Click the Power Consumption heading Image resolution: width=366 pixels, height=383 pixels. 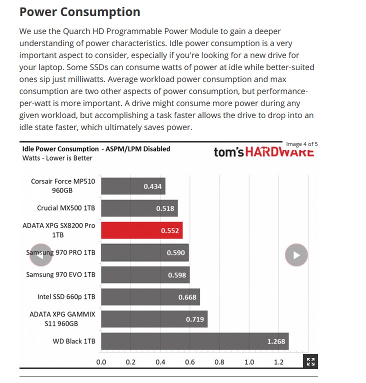click(79, 12)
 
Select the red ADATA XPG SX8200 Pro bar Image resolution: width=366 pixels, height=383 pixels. click(141, 230)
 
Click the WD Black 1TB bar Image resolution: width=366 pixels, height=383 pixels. click(194, 342)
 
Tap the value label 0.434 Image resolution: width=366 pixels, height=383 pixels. click(152, 186)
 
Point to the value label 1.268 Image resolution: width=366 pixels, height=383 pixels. click(276, 342)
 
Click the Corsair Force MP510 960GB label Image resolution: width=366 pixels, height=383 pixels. click(62, 186)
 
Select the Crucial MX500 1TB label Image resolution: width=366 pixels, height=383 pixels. click(66, 208)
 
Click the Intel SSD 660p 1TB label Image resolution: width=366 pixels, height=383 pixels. click(66, 297)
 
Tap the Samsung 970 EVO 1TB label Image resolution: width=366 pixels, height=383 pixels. click(60, 275)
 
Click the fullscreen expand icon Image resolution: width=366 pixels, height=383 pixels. click(310, 362)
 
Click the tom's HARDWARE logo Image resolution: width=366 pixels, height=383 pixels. click(263, 151)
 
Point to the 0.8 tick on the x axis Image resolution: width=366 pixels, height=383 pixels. click(219, 362)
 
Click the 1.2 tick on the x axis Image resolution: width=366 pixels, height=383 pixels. click(278, 362)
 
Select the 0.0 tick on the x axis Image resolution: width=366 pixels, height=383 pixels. click(101, 362)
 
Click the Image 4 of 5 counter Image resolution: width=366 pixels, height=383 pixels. click(301, 144)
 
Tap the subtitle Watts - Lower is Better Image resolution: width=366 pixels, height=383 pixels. click(57, 158)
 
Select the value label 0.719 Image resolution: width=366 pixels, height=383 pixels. click(194, 319)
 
